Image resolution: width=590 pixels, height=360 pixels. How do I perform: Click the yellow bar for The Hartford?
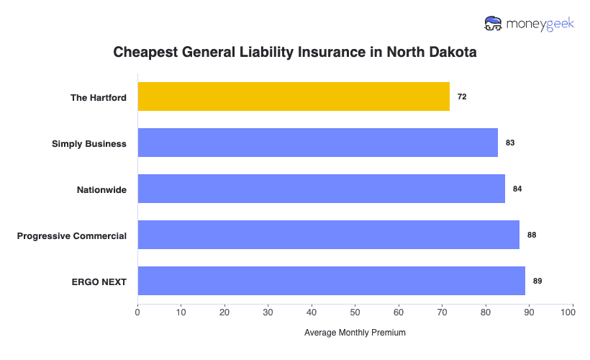point(294,96)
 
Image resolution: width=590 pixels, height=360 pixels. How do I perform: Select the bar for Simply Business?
point(317,143)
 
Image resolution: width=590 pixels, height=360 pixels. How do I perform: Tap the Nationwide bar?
point(321,189)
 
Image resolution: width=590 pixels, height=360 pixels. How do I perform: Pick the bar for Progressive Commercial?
point(328,235)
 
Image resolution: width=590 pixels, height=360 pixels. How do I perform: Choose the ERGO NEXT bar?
point(331,281)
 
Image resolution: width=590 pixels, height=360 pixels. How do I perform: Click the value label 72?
point(462,96)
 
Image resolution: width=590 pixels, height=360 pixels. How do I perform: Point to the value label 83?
point(510,143)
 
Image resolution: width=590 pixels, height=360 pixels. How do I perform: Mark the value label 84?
point(517,189)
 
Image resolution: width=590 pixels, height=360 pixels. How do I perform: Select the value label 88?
point(532,235)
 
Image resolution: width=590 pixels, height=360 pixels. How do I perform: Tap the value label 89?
point(537,281)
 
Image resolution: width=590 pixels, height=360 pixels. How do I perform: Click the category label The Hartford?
point(99,97)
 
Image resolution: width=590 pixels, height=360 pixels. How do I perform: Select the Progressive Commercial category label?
point(72,235)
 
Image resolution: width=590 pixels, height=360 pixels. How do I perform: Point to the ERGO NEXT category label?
point(99,282)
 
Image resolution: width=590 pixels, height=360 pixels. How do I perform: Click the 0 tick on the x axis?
point(137,312)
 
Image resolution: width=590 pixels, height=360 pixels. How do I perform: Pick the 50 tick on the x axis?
point(355,312)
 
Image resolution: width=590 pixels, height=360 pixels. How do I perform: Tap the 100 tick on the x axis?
point(573,312)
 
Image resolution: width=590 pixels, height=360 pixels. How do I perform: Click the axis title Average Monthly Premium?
point(355,333)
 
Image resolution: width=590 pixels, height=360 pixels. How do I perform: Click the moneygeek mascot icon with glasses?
point(494,23)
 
